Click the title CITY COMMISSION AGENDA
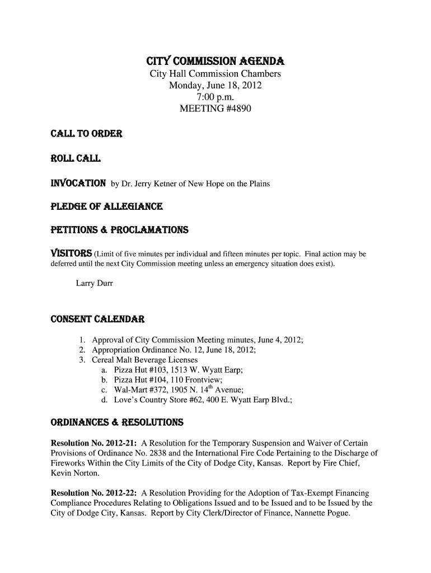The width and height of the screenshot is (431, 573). pyautogui.click(x=215, y=60)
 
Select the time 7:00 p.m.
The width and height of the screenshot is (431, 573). pyautogui.click(x=215, y=97)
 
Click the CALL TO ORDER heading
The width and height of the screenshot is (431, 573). pyautogui.click(x=79, y=134)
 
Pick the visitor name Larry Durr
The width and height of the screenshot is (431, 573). pyautogui.click(x=94, y=284)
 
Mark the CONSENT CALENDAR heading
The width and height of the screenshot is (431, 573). pyautogui.click(x=98, y=320)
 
